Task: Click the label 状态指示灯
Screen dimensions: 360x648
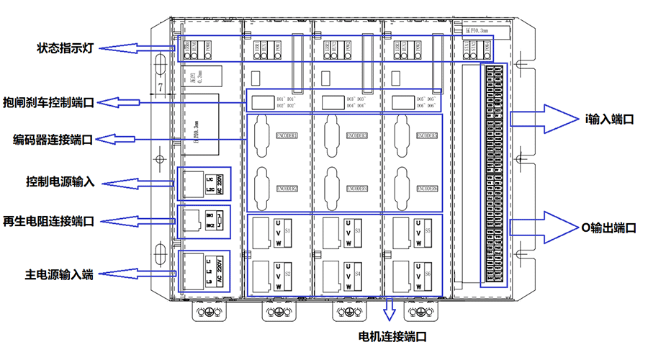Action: pos(67,48)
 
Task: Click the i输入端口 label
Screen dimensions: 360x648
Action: pos(609,120)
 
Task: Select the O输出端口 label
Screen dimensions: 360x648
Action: pos(609,228)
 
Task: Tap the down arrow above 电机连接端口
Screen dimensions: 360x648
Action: pos(390,310)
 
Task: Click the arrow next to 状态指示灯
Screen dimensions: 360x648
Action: pos(137,48)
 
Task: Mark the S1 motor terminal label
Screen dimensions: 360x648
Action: pos(288,231)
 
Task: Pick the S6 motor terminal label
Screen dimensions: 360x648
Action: pos(428,274)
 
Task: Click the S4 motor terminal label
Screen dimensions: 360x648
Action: pos(358,274)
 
